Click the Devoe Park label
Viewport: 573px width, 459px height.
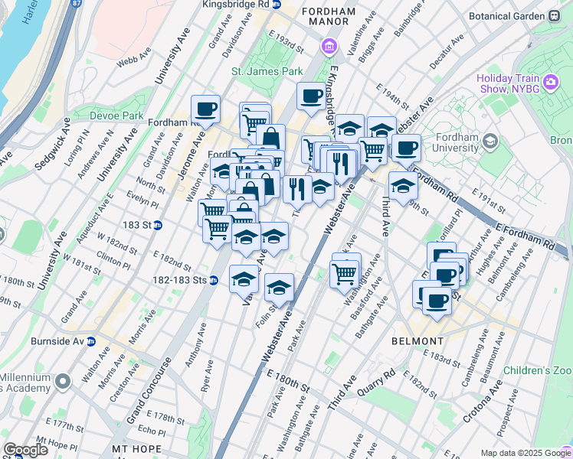(x=116, y=116)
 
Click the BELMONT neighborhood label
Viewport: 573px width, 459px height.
(x=417, y=340)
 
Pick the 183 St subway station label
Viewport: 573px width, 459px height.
(x=138, y=225)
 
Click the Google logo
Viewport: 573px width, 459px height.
(x=25, y=450)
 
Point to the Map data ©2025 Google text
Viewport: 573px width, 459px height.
(x=525, y=453)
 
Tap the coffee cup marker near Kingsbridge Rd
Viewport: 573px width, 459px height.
(x=311, y=96)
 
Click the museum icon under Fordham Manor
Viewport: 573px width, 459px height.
(x=329, y=46)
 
